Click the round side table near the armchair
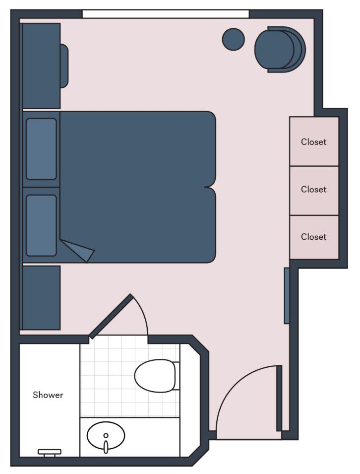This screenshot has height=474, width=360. coord(233,39)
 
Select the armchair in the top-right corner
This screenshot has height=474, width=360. coord(279,49)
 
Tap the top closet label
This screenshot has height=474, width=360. coord(314,142)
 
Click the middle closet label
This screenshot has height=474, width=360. coord(314,190)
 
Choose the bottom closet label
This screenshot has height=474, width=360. coord(314,237)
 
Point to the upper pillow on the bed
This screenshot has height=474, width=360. coord(41,149)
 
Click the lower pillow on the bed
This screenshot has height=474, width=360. coord(41,225)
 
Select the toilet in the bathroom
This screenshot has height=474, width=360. coord(156,376)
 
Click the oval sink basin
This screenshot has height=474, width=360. coord(106,435)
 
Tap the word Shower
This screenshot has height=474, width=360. coord(48,395)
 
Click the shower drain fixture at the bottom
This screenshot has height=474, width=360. coord(50,452)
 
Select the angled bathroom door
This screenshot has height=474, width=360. coord(111,316)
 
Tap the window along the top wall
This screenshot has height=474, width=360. coord(165,14)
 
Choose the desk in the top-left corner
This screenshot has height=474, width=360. coord(41,66)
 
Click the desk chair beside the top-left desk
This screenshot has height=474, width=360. coord(64,66)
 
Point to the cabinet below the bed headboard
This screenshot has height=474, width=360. coord(41,297)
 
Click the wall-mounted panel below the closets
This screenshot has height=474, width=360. coord(287,296)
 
